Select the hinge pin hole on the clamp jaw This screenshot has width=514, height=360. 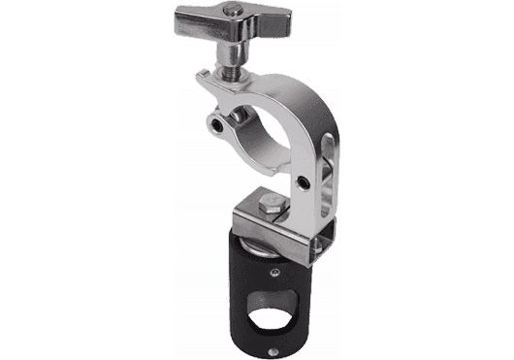(x=218, y=125)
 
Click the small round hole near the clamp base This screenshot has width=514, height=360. (x=303, y=181)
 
